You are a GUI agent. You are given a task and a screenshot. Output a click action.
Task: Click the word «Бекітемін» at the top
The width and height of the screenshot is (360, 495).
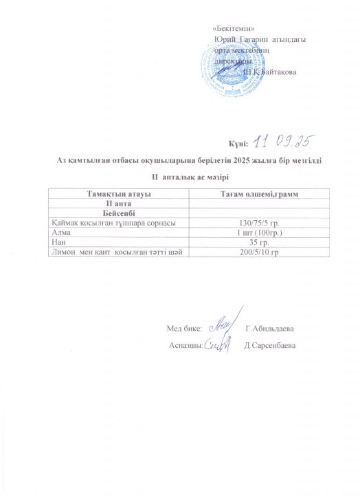point(234,28)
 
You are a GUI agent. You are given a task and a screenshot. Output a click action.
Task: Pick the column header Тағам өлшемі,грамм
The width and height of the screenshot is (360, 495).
point(258,197)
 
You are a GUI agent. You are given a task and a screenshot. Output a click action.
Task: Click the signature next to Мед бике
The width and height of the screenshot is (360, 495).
point(222,324)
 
